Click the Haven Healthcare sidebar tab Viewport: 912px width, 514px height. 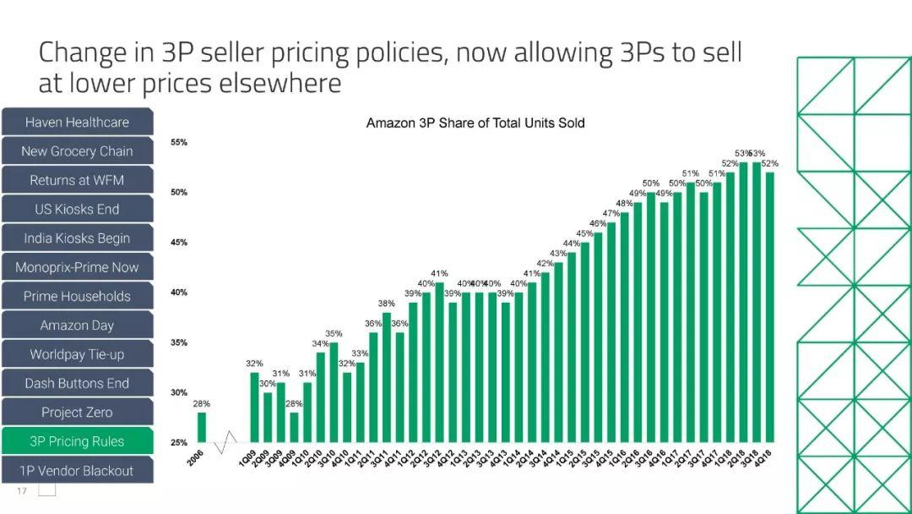(77, 123)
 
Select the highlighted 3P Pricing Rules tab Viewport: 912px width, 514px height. (77, 441)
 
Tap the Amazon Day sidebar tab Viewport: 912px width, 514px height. (77, 325)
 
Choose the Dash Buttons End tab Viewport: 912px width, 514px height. (77, 384)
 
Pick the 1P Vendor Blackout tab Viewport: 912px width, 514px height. (77, 471)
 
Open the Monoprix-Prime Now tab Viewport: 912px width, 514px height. (77, 267)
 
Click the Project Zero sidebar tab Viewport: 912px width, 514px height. (77, 413)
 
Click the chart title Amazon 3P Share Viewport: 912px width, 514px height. (475, 123)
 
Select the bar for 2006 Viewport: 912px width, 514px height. (202, 427)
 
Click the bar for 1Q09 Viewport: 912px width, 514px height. (254, 407)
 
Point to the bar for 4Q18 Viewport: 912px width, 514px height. (769, 307)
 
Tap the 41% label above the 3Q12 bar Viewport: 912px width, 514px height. (439, 274)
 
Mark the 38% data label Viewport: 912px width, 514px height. (386, 303)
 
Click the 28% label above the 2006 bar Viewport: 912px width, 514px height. (202, 404)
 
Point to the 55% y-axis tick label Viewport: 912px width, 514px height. (179, 143)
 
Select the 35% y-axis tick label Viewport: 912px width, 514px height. (179, 343)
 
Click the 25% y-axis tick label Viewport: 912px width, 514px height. (179, 443)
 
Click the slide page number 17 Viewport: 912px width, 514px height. (22, 491)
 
